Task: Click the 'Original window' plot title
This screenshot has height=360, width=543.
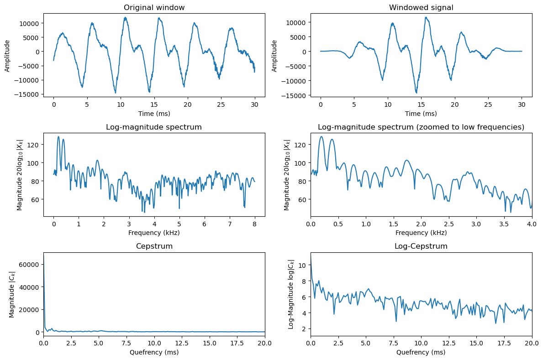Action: (x=154, y=7)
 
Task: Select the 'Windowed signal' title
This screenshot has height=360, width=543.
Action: (x=421, y=7)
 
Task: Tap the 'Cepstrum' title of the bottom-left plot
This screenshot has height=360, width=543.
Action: (x=154, y=246)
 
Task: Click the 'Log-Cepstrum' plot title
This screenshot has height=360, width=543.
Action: (x=421, y=246)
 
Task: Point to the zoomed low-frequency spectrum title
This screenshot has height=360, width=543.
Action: (x=421, y=127)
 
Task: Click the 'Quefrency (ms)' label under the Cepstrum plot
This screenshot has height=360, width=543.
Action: (x=154, y=352)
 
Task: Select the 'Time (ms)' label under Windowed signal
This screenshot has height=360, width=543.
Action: (x=421, y=113)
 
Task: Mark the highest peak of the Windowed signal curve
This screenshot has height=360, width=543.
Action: (x=426, y=17)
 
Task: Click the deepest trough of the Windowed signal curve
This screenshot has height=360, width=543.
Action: (x=416, y=93)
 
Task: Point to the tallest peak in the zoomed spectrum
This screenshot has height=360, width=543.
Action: (x=322, y=136)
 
